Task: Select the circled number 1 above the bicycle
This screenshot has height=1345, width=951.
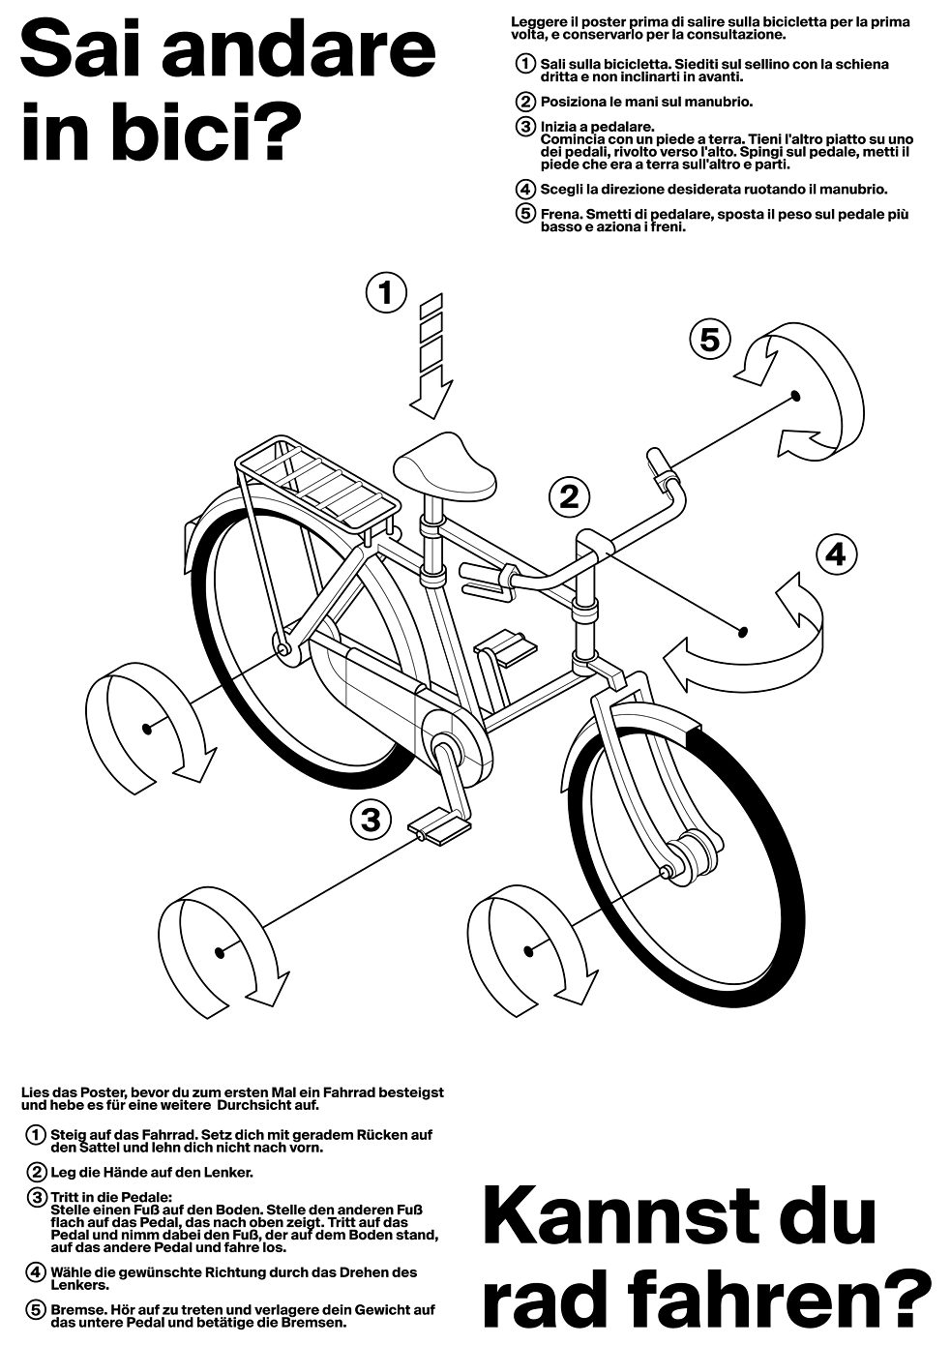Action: click(386, 291)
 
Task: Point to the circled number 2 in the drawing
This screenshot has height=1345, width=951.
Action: click(569, 497)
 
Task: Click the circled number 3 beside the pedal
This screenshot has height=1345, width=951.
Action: click(370, 821)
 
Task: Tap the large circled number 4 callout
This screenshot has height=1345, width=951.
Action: click(836, 554)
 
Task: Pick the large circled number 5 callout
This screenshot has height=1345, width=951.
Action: click(709, 340)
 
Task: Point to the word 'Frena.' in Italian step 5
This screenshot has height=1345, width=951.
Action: click(562, 214)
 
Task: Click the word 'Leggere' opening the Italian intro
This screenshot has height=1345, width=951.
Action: click(537, 20)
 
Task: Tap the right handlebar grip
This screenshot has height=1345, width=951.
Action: click(659, 464)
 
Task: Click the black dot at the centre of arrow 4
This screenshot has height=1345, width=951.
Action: click(743, 632)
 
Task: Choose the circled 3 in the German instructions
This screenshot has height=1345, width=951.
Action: click(37, 1198)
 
